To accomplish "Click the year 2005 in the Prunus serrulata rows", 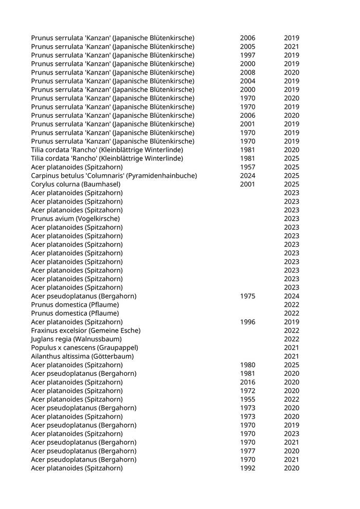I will coord(247,47).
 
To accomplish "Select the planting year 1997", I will coord(247,56).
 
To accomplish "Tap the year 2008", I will coord(247,72).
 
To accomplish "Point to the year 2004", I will coord(247,81).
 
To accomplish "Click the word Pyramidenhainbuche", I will coord(165,176).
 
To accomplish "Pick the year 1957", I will coord(247,167).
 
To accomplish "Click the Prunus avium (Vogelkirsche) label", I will coord(75,219).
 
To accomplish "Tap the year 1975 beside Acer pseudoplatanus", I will coord(247,296).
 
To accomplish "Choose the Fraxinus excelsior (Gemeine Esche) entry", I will coord(85,331).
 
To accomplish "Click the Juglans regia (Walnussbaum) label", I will coord(76,339).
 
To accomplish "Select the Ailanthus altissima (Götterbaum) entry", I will coord(82,356).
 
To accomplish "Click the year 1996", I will coord(247,322).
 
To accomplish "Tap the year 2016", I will coord(247,382).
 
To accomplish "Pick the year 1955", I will coord(247,399).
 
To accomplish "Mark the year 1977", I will coord(247,451).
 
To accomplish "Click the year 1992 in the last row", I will coord(247,468).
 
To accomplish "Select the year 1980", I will coord(247,365).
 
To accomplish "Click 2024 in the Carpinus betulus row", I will coord(247,176).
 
